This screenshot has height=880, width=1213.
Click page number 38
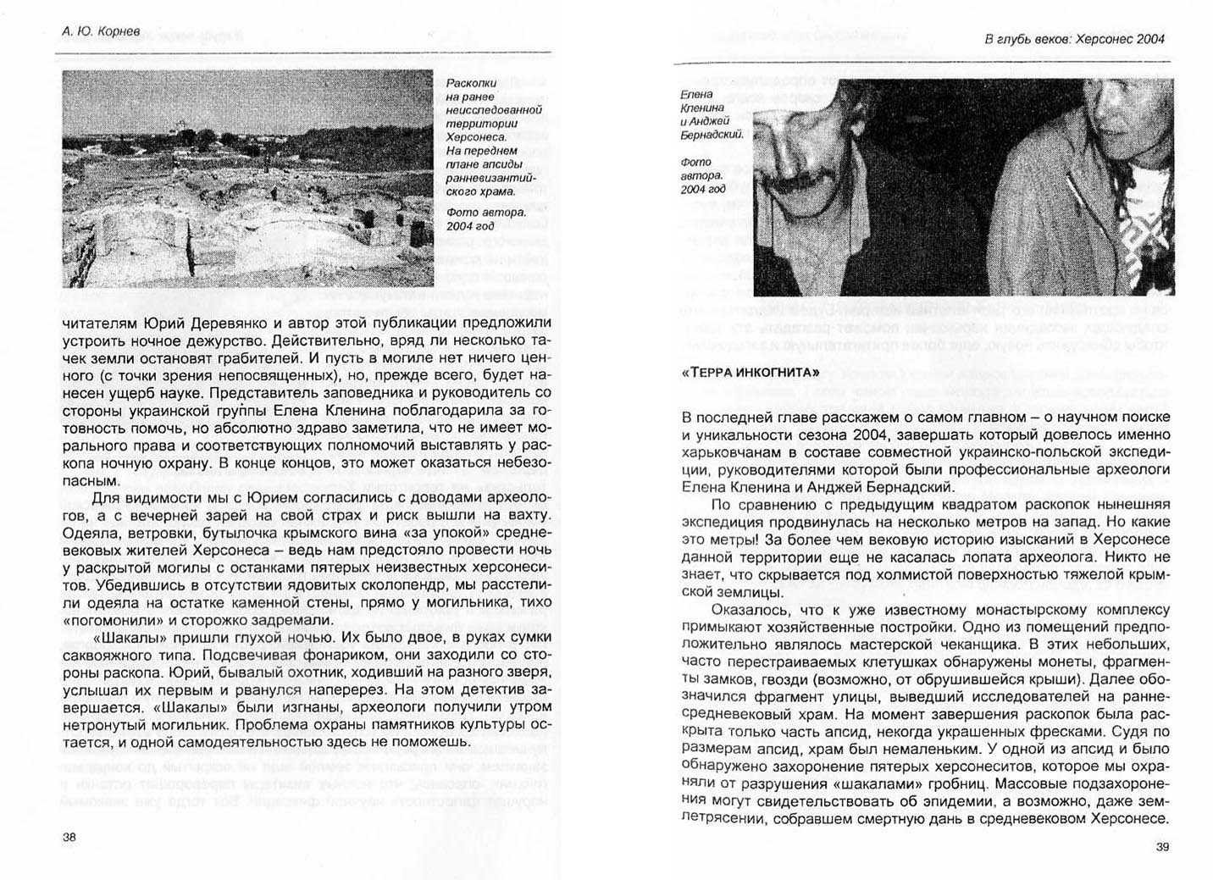tap(69, 837)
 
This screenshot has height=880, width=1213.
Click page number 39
tap(1162, 846)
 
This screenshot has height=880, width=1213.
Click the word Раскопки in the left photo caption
tap(471, 83)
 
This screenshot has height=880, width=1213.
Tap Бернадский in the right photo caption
tap(712, 135)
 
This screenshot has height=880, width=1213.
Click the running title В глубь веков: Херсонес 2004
tap(1074, 38)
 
